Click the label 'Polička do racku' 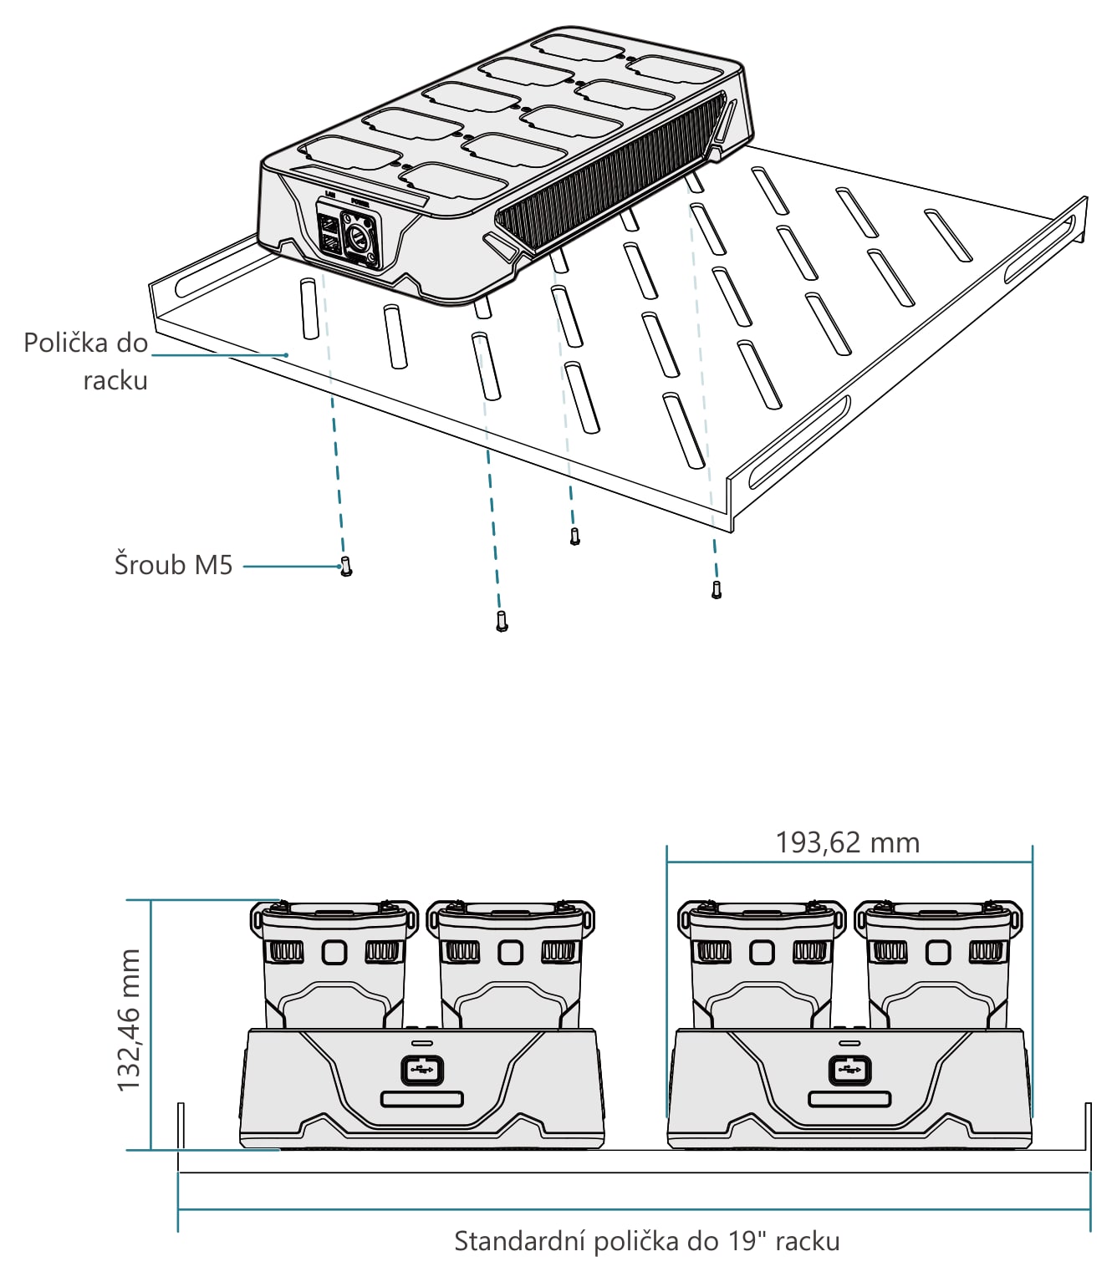pyautogui.click(x=86, y=362)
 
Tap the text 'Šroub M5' pyautogui.click(x=174, y=565)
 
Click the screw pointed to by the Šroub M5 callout pyautogui.click(x=345, y=566)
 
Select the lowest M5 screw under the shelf pyautogui.click(x=502, y=621)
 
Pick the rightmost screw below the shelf pyautogui.click(x=717, y=590)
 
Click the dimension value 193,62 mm pyautogui.click(x=848, y=842)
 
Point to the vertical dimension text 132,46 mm pyautogui.click(x=129, y=1020)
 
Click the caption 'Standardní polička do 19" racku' pyautogui.click(x=647, y=1241)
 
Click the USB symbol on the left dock pyautogui.click(x=422, y=1071)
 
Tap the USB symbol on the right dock pyautogui.click(x=849, y=1071)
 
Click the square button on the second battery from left pyautogui.click(x=510, y=953)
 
